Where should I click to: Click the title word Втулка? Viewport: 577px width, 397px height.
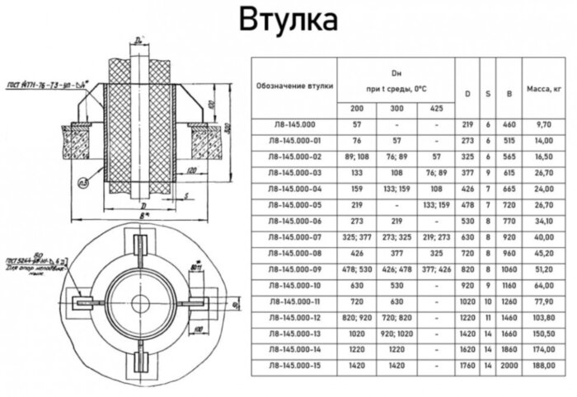[x=288, y=21]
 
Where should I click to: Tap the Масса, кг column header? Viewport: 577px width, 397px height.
[x=543, y=86]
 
